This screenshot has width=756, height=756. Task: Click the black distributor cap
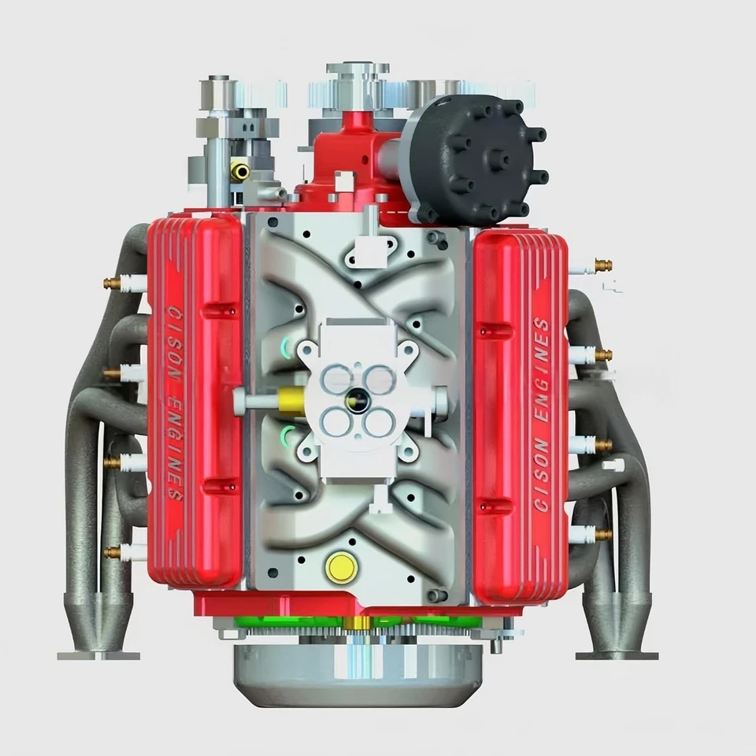click(472, 157)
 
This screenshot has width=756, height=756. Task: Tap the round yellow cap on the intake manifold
click(340, 566)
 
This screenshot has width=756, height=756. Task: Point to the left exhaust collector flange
click(98, 654)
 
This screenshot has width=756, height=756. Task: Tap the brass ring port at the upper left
click(239, 170)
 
